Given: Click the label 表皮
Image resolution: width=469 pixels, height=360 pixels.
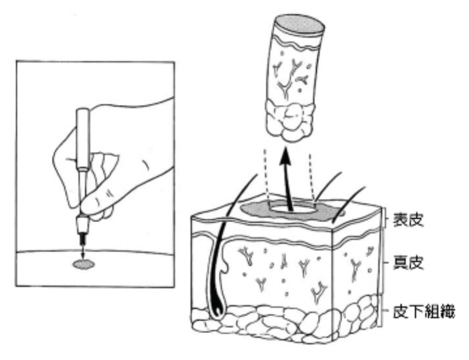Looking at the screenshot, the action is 408,220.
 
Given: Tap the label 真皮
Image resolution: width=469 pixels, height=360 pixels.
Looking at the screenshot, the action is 408,263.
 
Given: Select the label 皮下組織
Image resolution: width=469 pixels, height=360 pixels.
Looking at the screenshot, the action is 424,311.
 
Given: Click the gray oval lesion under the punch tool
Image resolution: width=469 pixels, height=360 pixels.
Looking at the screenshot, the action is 84,264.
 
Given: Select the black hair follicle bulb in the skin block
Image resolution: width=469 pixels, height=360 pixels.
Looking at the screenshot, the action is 217,307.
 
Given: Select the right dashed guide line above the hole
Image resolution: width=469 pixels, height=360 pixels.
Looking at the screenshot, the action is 311,176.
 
